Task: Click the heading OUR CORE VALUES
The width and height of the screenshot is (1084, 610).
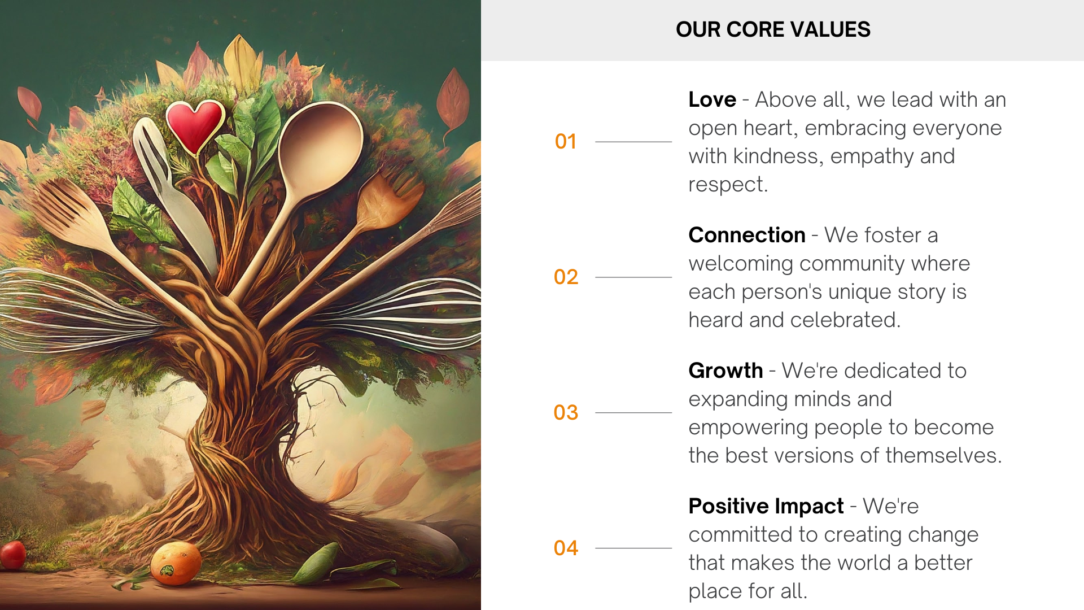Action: (773, 29)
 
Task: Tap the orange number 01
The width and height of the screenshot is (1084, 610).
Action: (566, 141)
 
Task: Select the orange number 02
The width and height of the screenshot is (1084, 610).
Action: (566, 277)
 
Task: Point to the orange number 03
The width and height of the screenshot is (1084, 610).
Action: (566, 412)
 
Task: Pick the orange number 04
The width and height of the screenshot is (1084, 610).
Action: (566, 548)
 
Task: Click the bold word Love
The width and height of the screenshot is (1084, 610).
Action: (712, 99)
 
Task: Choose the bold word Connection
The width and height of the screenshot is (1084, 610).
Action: (747, 235)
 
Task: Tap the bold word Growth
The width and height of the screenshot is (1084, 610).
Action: (725, 371)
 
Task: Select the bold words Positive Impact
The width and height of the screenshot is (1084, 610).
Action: (766, 506)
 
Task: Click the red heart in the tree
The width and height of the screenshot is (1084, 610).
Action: (194, 126)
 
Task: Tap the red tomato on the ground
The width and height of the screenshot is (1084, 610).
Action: (12, 555)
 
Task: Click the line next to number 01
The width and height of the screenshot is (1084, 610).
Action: (633, 142)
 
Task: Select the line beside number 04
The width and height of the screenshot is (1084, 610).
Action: (633, 548)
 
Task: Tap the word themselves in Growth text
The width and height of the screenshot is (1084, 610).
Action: (943, 455)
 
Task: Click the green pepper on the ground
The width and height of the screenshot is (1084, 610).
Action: (316, 564)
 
